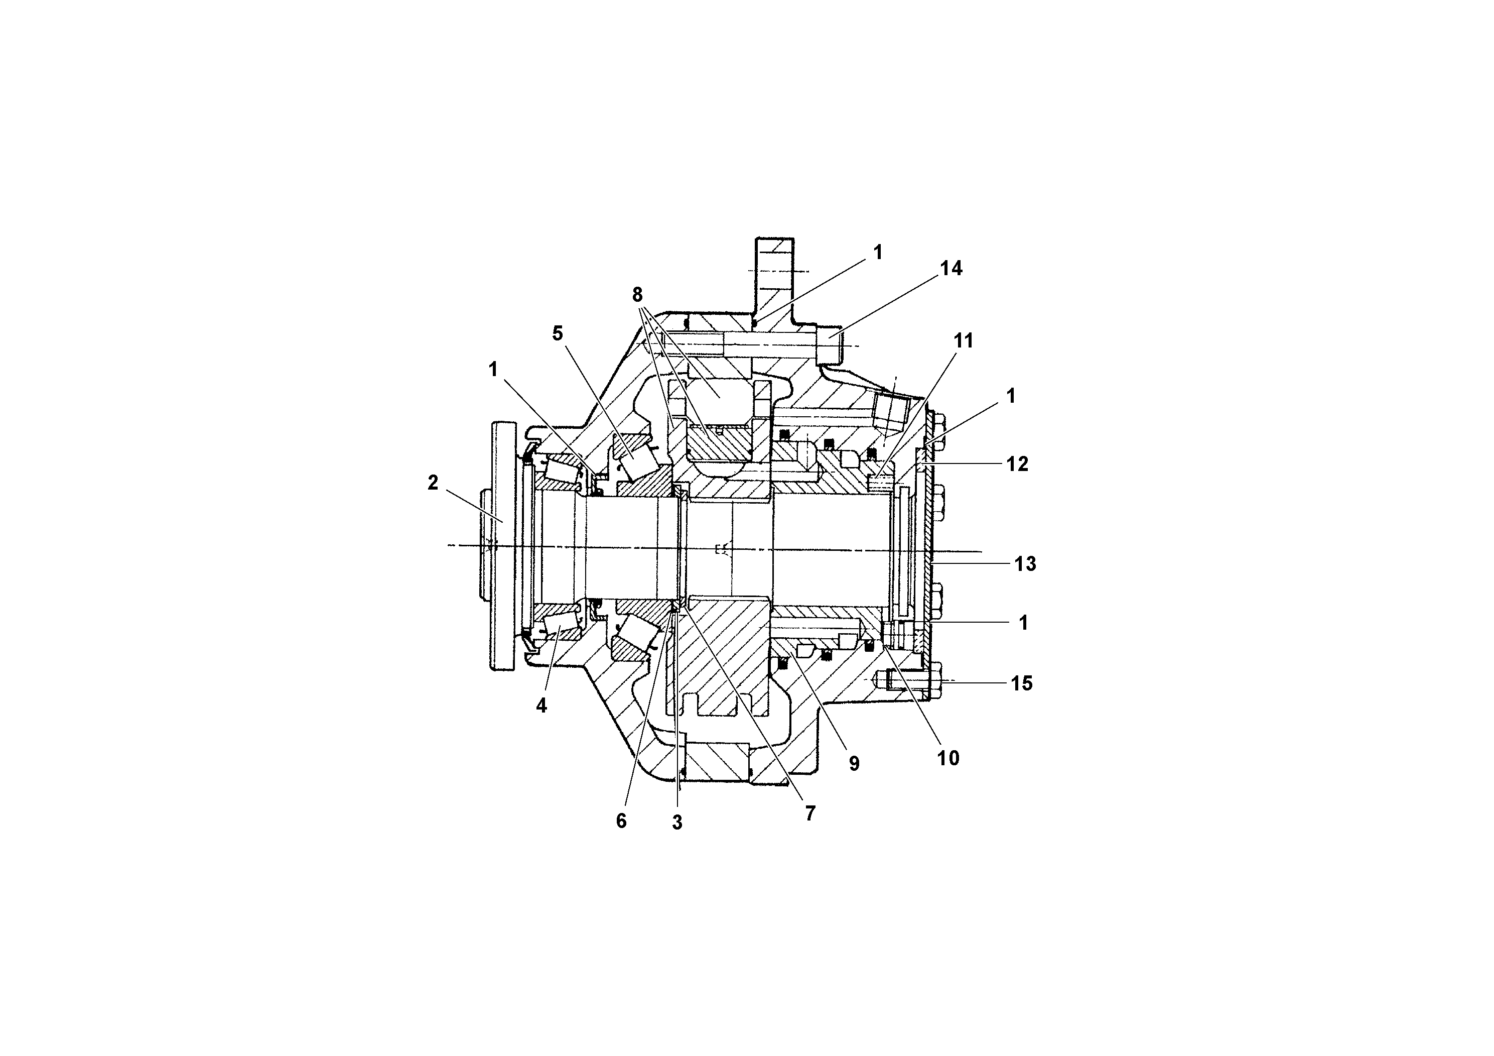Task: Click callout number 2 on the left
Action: click(433, 483)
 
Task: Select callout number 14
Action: click(950, 268)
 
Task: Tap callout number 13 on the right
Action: click(1025, 564)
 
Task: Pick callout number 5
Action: click(557, 334)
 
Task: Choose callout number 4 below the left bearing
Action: click(541, 706)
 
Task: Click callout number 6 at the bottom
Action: click(621, 822)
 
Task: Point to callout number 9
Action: click(854, 764)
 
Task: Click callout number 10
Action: click(948, 758)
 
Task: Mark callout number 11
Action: click(963, 340)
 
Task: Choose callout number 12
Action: click(1017, 464)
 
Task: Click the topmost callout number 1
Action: click(878, 253)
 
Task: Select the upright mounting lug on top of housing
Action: click(774, 274)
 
